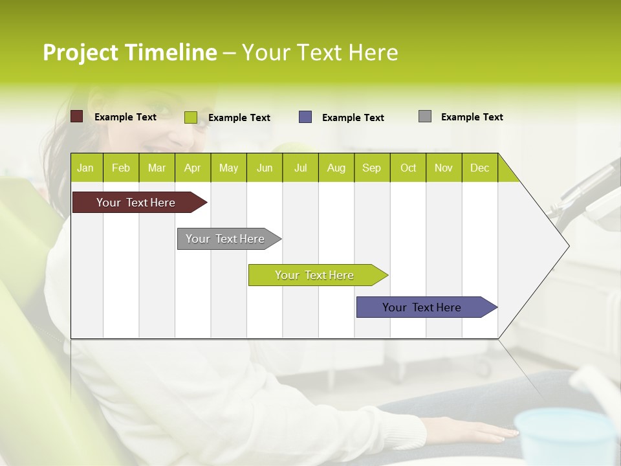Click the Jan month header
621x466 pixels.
(85, 168)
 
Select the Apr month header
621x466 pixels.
(192, 168)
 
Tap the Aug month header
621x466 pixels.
(336, 168)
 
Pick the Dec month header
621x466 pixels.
(479, 168)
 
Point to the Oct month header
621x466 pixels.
(408, 168)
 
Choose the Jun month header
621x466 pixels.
(265, 168)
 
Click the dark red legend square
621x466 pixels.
(77, 116)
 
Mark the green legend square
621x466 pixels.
(191, 117)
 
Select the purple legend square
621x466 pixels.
(305, 117)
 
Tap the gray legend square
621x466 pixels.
(425, 116)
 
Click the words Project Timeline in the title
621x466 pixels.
(129, 52)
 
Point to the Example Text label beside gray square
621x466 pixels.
(472, 117)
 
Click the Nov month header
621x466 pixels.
(444, 168)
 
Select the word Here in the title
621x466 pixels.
(373, 52)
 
